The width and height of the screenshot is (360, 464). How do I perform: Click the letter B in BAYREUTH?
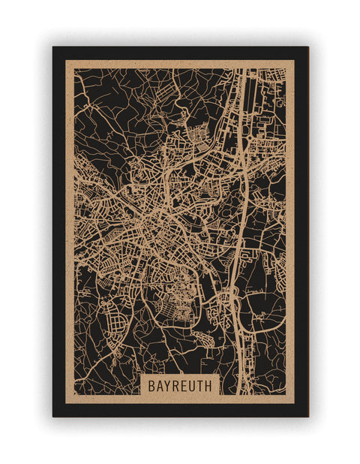151,386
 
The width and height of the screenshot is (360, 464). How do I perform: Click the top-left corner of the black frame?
53,47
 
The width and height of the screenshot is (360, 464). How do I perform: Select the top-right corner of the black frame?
307,47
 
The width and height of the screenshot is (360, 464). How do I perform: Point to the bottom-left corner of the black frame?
53,416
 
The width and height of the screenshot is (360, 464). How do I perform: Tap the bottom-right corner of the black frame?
307,416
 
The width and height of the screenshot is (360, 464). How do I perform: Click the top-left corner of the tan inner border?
65,60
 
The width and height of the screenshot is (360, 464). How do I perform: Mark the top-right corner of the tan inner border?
295,60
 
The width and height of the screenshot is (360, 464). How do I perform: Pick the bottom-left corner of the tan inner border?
65,403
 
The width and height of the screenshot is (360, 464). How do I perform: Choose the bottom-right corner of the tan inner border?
295,403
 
